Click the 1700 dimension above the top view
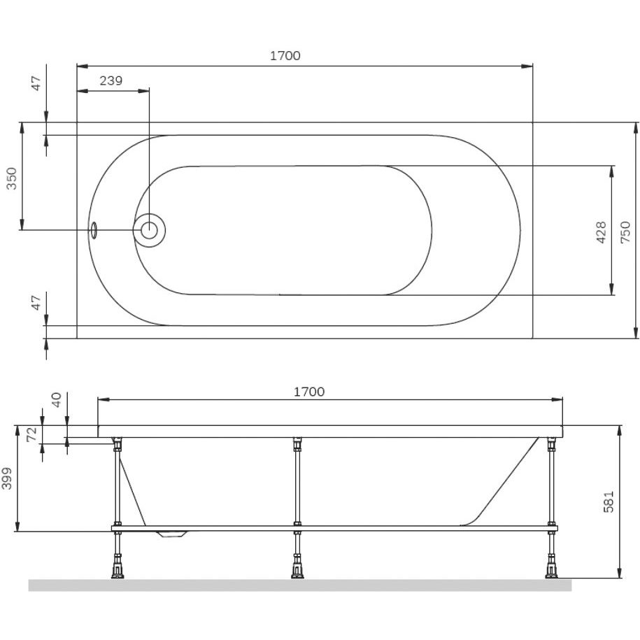coord(285,55)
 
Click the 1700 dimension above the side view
coord(309,392)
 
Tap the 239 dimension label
coord(111,81)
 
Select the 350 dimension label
coord(12,178)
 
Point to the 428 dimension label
coord(602,233)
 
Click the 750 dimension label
coord(625,233)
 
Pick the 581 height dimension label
coord(609,502)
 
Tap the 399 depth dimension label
coord(8,478)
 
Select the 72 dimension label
coord(32,434)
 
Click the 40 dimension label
coord(56,399)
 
